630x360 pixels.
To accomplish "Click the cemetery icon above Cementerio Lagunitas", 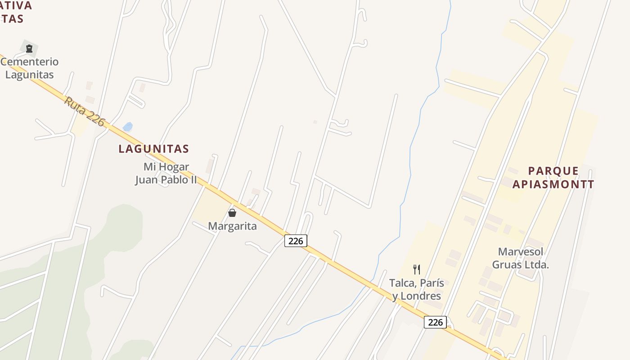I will (x=29, y=48).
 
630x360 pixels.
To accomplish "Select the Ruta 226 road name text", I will (x=84, y=111).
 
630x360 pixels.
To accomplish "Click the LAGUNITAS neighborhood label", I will (x=153, y=148).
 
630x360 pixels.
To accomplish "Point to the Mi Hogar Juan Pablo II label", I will (x=166, y=173).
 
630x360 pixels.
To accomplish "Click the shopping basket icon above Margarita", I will (x=232, y=213).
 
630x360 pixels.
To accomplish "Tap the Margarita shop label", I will (x=232, y=226).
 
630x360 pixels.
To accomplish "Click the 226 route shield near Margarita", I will (x=296, y=241).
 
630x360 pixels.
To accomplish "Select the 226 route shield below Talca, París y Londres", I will (x=435, y=322).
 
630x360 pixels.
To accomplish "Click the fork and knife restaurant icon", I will (x=417, y=270).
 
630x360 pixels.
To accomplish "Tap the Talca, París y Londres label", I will (x=417, y=289).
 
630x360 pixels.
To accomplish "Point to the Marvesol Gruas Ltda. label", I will (x=521, y=258).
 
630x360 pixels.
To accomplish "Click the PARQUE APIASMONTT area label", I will (x=553, y=177).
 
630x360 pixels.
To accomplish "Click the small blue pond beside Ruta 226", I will (x=128, y=127).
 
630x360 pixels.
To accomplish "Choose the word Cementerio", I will (x=30, y=62).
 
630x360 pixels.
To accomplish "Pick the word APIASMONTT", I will (x=553, y=184).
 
